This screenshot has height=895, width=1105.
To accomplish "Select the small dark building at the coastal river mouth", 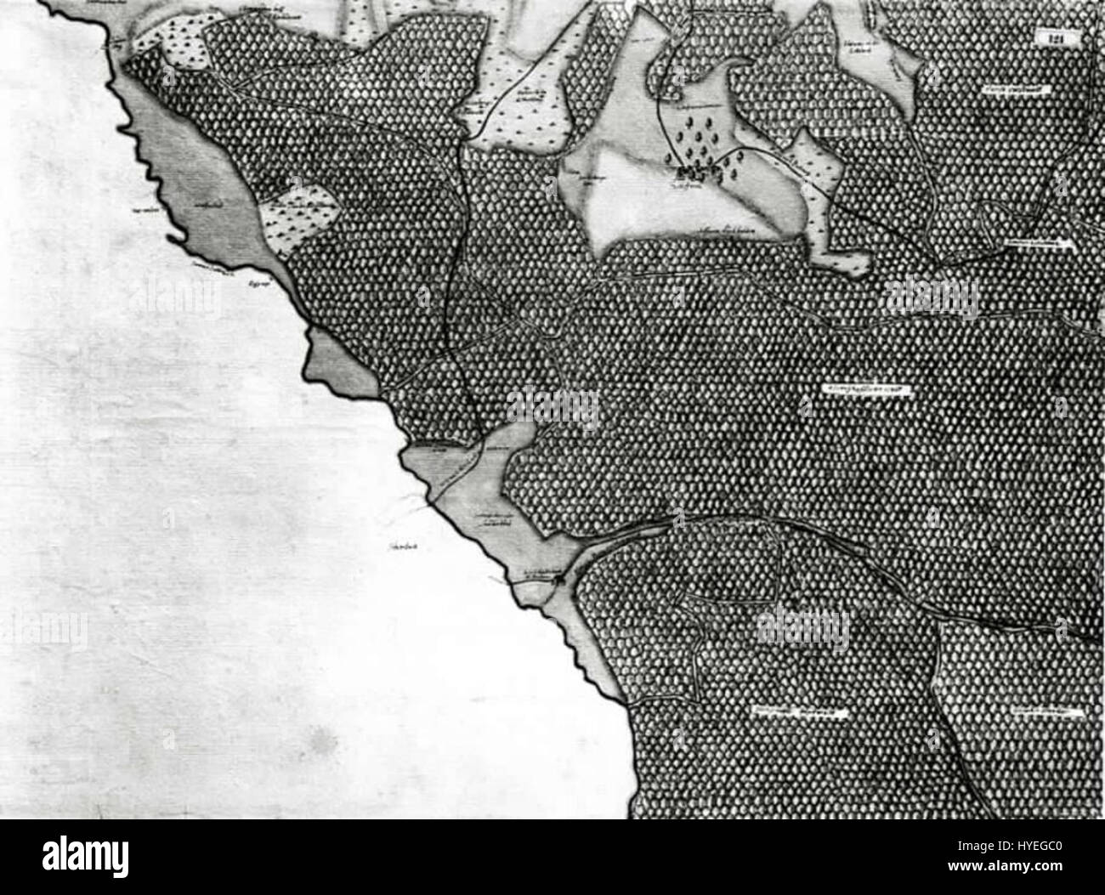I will pos(558,580).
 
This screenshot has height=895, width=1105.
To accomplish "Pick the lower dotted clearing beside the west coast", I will pos(302,217).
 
